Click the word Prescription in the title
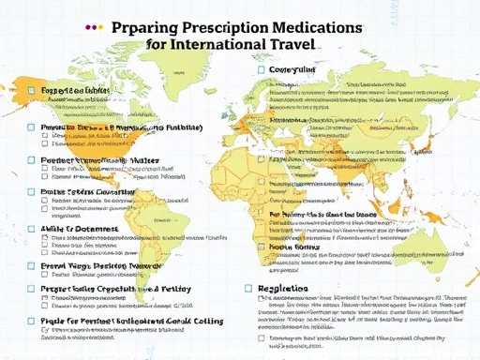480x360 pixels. click(x=235, y=28)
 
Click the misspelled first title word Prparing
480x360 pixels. click(x=149, y=28)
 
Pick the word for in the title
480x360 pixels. click(x=158, y=43)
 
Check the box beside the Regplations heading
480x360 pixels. click(x=248, y=290)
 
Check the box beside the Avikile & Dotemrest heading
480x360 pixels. click(x=31, y=228)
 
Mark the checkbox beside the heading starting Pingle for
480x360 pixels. click(x=31, y=322)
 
